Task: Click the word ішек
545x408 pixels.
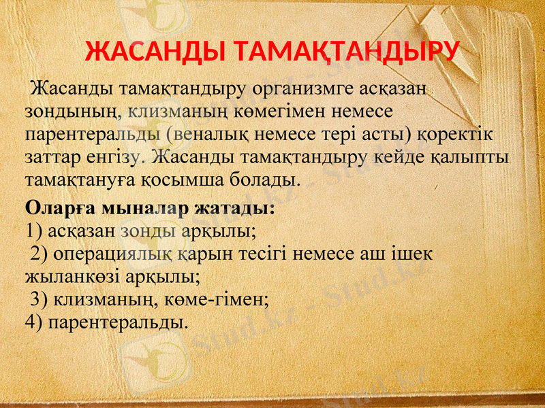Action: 417,254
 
